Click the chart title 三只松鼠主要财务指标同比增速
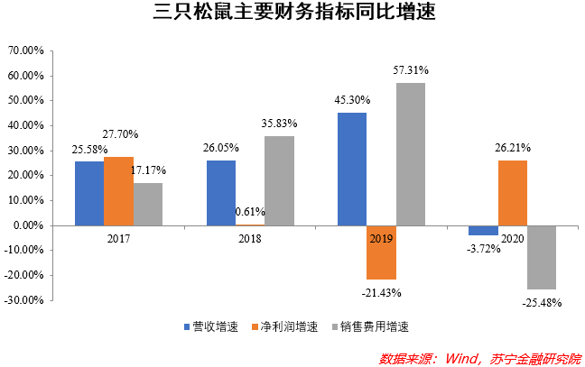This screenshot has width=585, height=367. pos(292,15)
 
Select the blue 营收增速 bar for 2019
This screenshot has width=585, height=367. pos(352,169)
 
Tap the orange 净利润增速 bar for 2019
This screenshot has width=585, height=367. pos(381,252)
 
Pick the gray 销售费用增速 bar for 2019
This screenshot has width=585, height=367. pos(410,154)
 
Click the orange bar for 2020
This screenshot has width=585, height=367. pos(512,192)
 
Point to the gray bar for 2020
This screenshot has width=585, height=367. pos(542,257)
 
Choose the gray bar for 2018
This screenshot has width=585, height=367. pos(279,180)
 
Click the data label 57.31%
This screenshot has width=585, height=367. pos(411,69)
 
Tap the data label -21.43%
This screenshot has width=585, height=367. pos(383,292)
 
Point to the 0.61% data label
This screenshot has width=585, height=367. pos(249,212)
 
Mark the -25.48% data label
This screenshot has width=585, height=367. pos(542,303)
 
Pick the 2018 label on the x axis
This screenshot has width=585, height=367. pos(249,237)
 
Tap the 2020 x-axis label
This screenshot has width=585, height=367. pos(512,237)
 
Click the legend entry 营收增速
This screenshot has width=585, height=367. pos(209,326)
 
